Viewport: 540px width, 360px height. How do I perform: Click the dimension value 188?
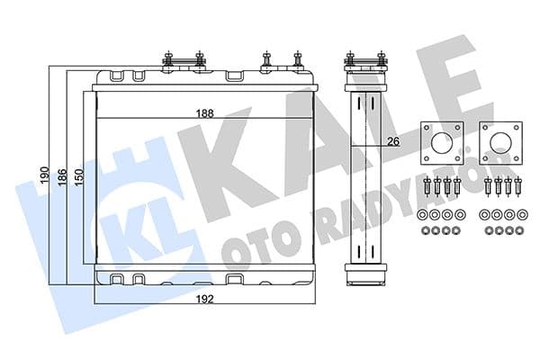click(205, 113)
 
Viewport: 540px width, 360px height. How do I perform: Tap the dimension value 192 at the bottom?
click(205, 299)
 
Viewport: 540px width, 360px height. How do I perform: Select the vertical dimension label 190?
click(45, 175)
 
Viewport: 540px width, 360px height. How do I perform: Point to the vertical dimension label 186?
click(62, 177)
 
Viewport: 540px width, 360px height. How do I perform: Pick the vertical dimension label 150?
click(79, 177)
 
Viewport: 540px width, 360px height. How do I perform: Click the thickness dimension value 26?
click(393, 141)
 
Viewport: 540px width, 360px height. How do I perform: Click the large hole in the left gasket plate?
click(442, 143)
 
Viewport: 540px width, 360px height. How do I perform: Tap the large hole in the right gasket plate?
click(500, 143)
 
